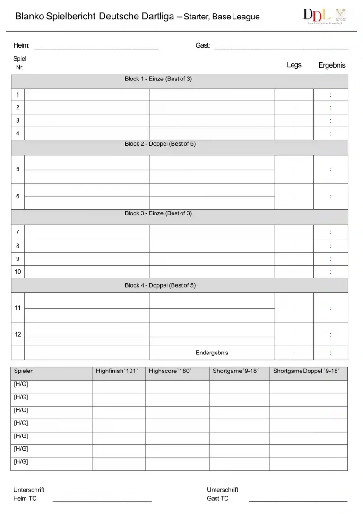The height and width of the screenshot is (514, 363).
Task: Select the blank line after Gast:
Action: [x=281, y=48]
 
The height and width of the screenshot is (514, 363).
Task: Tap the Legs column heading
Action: [x=294, y=65]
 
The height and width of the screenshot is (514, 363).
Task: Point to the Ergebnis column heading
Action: [x=331, y=65]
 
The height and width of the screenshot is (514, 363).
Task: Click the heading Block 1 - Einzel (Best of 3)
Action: [x=158, y=79]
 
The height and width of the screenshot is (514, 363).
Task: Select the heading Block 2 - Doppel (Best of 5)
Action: [x=160, y=144]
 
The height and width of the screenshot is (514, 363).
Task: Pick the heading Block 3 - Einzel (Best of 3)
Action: [x=158, y=213]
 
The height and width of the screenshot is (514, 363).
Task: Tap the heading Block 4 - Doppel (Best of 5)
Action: [x=160, y=285]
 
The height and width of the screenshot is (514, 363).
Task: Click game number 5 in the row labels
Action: [x=17, y=169]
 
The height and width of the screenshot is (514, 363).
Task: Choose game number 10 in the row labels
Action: [x=17, y=272]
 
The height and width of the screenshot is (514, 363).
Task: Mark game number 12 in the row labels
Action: [x=17, y=334]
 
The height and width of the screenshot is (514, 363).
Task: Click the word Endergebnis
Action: [x=212, y=353]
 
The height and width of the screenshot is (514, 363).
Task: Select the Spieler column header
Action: [x=23, y=371]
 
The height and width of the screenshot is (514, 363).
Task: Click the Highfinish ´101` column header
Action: [x=117, y=371]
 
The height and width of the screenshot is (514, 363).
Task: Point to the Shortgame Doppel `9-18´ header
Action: [x=306, y=371]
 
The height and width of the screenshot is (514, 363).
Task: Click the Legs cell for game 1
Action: [x=294, y=94]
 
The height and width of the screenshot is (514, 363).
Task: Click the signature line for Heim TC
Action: [x=102, y=500]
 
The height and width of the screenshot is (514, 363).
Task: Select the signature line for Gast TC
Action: [x=298, y=500]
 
